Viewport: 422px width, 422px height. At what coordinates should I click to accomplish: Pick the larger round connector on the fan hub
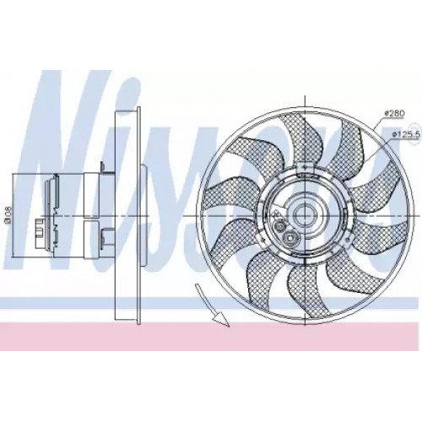(291, 240)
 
